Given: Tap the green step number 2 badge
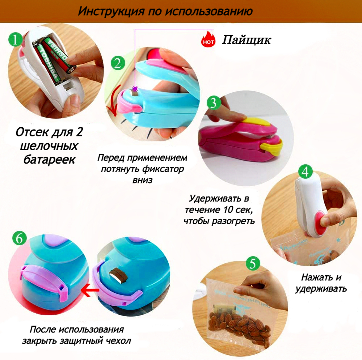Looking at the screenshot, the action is tap(118, 63).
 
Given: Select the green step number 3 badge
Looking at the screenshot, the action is tap(213, 103).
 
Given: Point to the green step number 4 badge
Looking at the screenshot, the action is tap(305, 172).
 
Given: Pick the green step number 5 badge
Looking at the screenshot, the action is tap(253, 263).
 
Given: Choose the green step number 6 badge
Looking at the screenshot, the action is tap(20, 238).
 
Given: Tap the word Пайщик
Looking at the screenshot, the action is tap(246, 40).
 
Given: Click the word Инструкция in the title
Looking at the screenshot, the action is tap(111, 11).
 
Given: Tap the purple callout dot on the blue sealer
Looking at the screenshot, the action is tap(135, 89).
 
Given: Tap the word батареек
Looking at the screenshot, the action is tap(49, 159).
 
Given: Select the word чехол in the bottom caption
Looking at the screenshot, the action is tap(118, 340).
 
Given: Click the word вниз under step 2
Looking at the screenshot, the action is tap(142, 180).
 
